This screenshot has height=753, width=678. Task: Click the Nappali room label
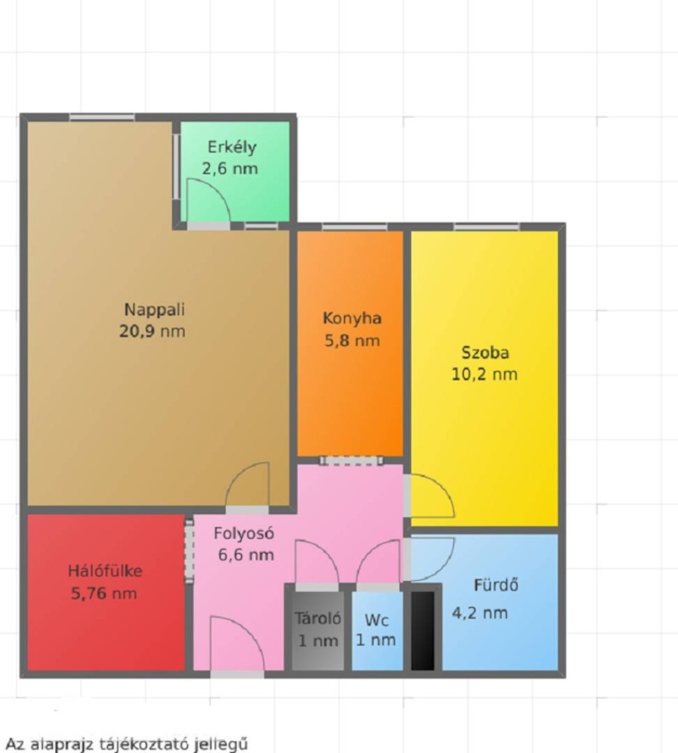[155, 310]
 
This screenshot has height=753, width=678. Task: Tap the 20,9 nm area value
[152, 331]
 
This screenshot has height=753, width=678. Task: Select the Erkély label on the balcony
[232, 148]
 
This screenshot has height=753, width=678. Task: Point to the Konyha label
[352, 319]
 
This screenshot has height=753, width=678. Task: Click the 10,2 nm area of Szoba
[485, 375]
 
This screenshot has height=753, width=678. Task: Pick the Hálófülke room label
[105, 570]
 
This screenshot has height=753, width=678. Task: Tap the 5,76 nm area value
[104, 593]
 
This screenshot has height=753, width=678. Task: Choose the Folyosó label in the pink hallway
[244, 533]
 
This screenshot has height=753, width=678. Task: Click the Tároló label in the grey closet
[318, 618]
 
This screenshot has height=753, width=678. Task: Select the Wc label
[377, 620]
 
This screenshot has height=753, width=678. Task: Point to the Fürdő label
[496, 585]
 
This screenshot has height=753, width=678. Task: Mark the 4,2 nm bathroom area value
[479, 613]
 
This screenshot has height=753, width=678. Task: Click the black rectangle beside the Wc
[422, 630]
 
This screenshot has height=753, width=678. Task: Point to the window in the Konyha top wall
[354, 226]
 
